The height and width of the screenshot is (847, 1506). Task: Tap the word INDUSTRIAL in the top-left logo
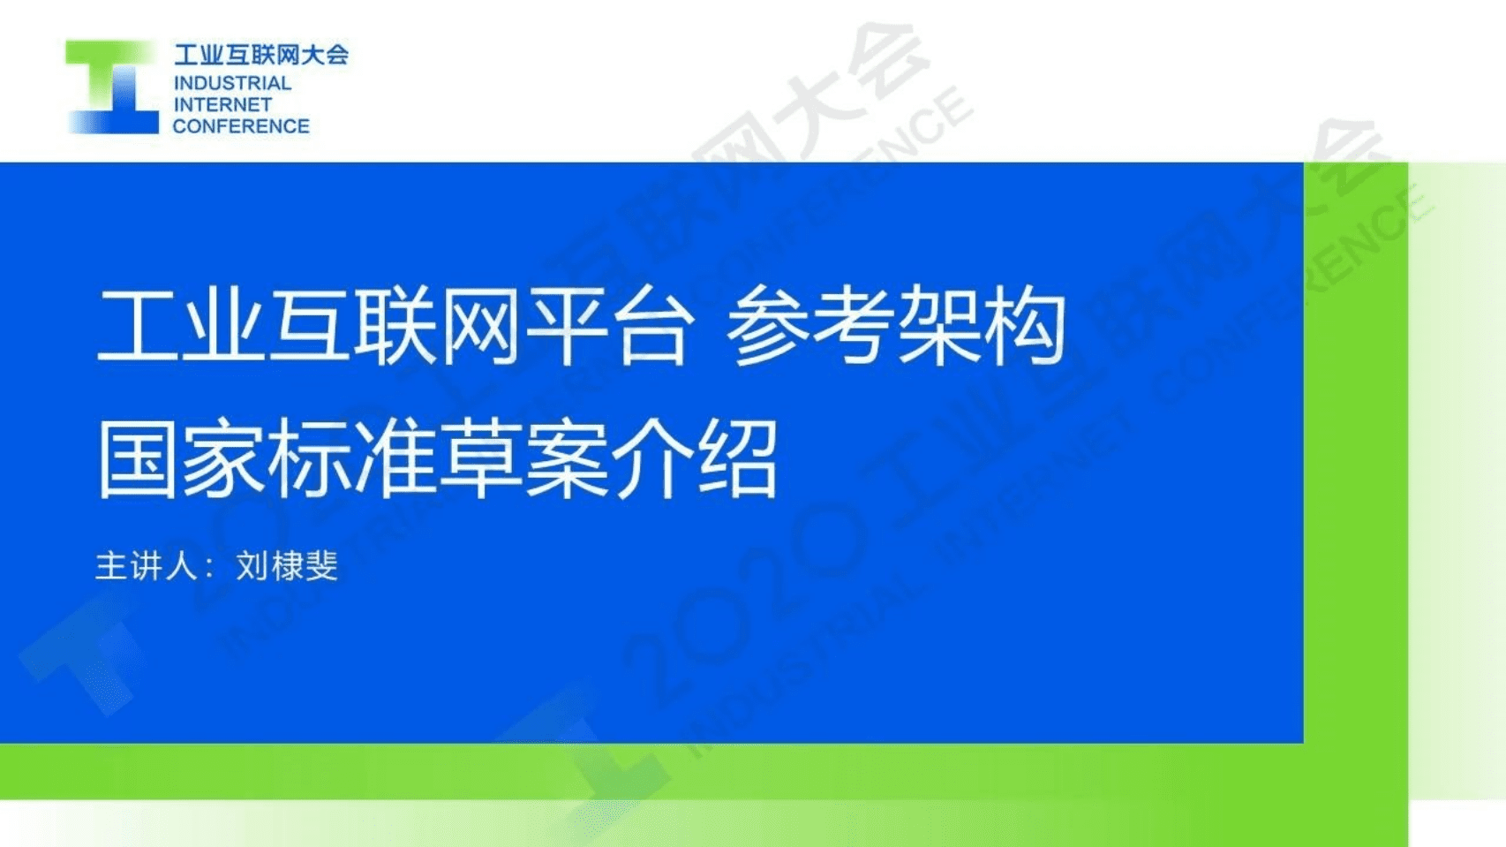(x=232, y=83)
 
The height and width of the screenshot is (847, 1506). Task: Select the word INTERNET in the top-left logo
(x=222, y=104)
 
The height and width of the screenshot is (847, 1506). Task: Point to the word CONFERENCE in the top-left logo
(x=241, y=126)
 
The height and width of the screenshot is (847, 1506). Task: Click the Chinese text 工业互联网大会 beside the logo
(x=261, y=55)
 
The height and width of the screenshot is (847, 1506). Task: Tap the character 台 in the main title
(x=651, y=326)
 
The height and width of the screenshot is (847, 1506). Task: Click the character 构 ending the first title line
(x=1024, y=326)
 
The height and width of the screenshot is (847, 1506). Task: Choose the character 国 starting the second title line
(x=139, y=459)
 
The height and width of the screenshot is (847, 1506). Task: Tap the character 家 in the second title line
(x=224, y=459)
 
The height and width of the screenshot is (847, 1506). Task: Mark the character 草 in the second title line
(x=481, y=459)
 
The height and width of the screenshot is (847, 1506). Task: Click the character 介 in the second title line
(x=652, y=459)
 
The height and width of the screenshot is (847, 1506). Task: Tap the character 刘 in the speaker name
(x=252, y=566)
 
